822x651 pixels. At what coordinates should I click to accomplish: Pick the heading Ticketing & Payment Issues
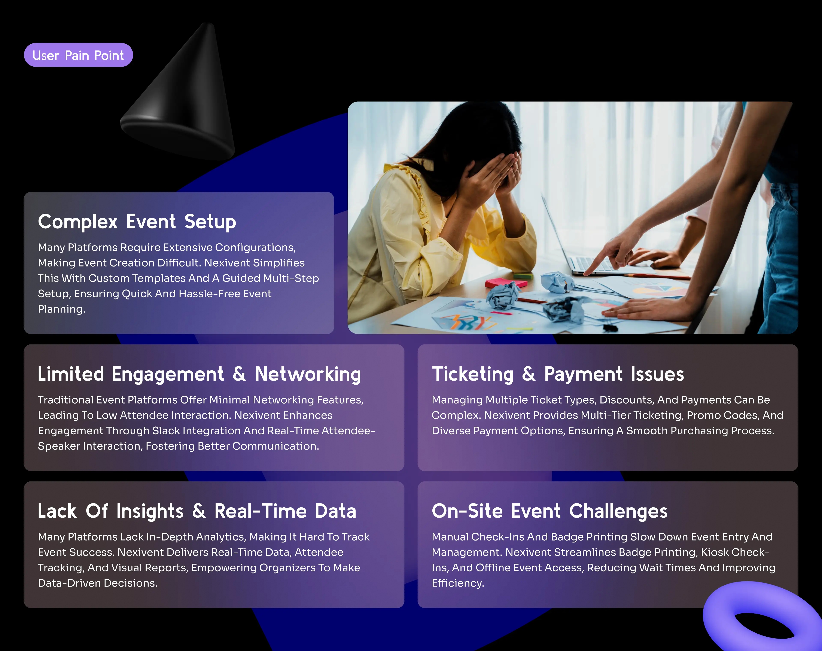(x=558, y=374)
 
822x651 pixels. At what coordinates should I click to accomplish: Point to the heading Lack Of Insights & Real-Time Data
(x=197, y=511)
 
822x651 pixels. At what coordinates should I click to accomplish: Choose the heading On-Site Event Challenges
(x=549, y=511)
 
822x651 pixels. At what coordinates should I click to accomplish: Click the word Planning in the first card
(x=61, y=309)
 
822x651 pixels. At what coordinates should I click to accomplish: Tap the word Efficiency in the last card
(x=458, y=583)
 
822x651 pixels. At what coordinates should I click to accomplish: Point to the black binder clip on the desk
(x=609, y=327)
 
